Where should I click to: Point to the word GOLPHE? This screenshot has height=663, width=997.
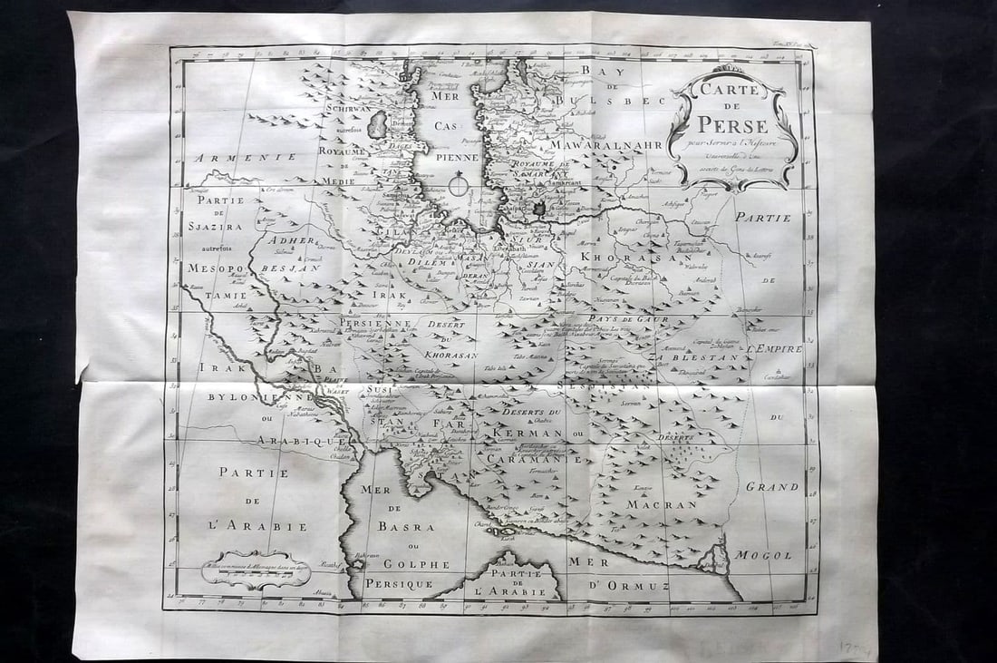(x=417, y=564)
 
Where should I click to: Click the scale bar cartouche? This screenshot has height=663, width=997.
(x=256, y=568)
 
